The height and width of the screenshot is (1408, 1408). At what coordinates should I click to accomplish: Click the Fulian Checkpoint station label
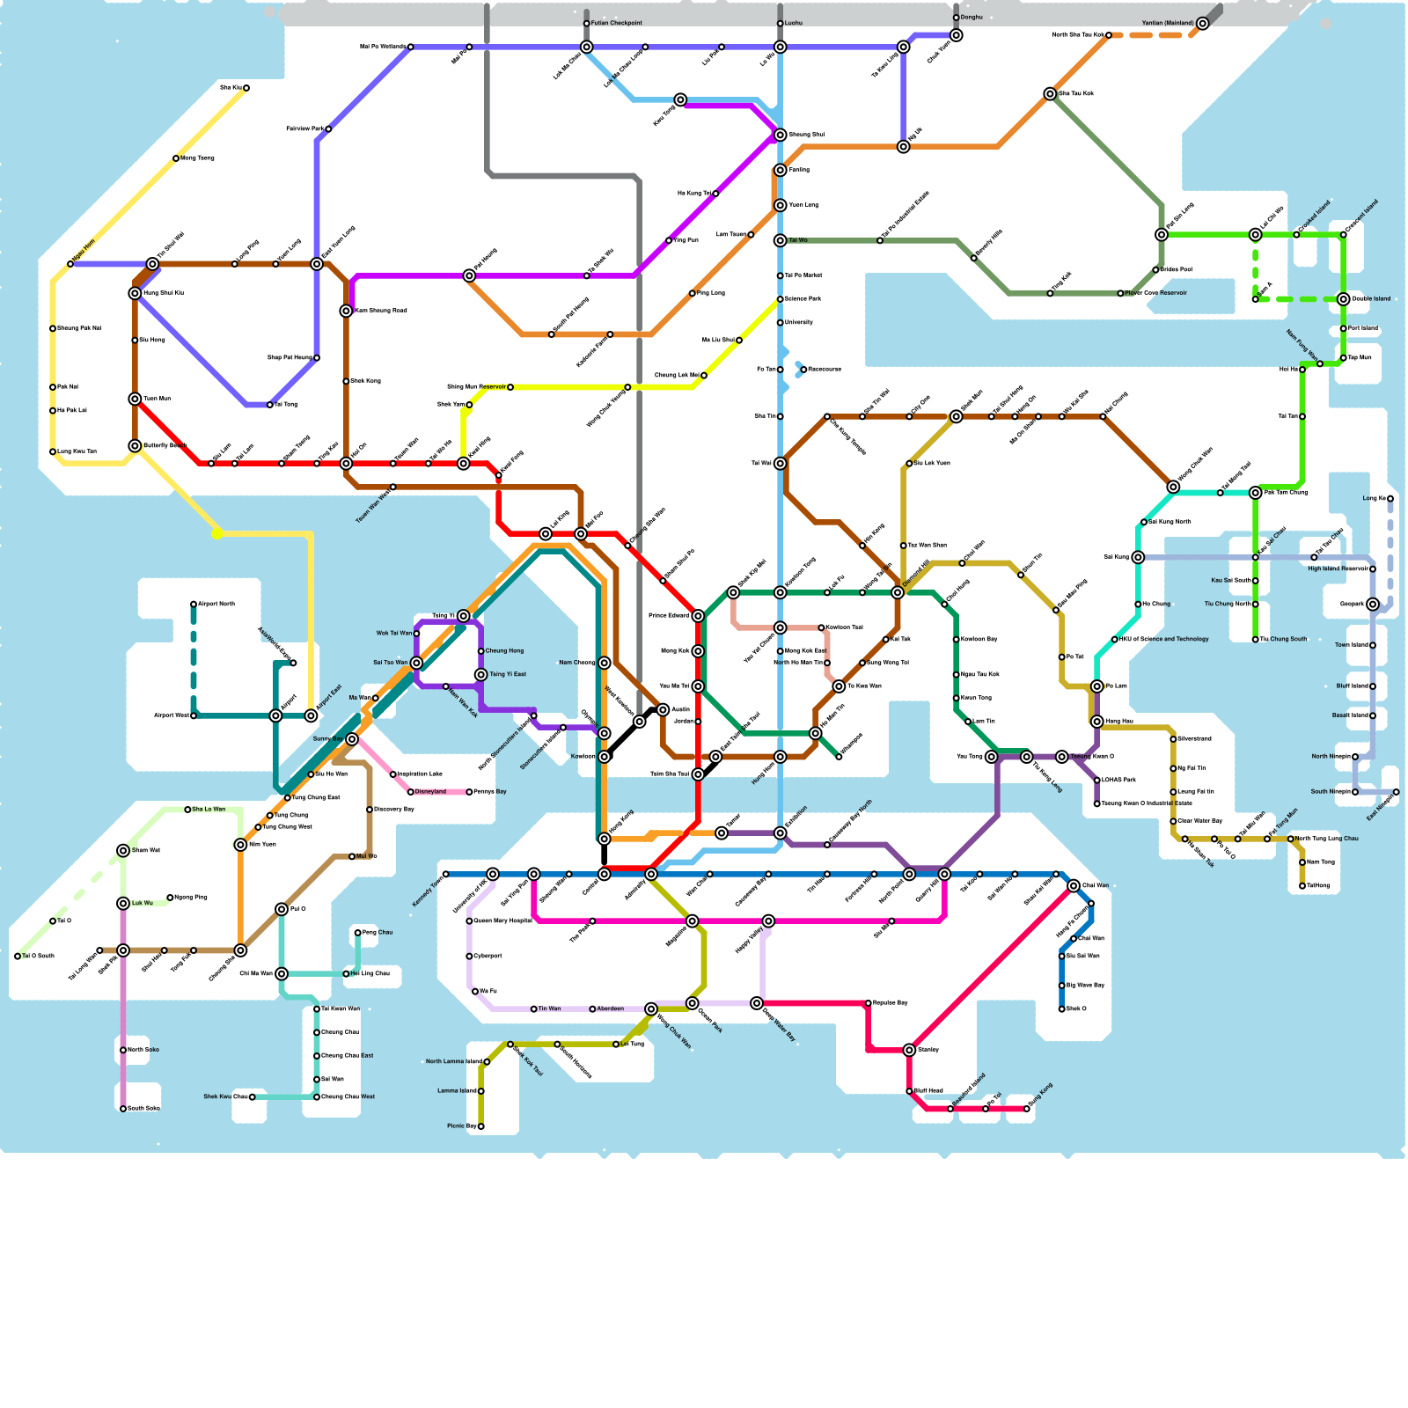[x=617, y=23]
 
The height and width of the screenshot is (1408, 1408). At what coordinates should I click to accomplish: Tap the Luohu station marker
[x=780, y=23]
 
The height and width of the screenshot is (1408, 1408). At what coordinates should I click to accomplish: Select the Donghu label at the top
[x=972, y=17]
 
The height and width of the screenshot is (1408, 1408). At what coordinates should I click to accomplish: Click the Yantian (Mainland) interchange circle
[x=1202, y=24]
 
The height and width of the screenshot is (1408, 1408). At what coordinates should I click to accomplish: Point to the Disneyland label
[x=430, y=792]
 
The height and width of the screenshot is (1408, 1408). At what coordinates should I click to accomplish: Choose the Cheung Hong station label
[x=504, y=651]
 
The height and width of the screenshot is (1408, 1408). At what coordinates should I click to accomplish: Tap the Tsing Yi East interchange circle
[x=480, y=675]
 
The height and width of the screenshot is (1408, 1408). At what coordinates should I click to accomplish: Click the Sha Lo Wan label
[x=209, y=810]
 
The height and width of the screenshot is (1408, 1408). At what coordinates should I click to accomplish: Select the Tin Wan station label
[x=549, y=1009]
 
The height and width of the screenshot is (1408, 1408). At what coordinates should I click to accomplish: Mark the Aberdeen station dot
[x=592, y=1009]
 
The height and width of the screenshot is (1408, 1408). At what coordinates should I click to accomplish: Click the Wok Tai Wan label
[x=393, y=634]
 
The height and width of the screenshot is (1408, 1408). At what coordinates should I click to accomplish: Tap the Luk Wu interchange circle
[x=123, y=904]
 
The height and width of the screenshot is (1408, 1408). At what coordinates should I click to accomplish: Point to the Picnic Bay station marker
[x=480, y=1126]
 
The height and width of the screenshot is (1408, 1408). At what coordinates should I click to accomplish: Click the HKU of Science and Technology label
[x=1164, y=640]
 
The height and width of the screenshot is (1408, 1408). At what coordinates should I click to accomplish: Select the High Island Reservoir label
[x=1338, y=569]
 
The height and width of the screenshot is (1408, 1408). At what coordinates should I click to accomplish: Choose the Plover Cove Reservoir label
[x=1155, y=293]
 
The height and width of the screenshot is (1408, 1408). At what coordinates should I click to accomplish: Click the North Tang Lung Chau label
[x=1327, y=839]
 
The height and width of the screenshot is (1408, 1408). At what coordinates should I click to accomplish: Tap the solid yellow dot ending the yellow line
[x=216, y=533]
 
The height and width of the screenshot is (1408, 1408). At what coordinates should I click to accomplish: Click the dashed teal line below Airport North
[x=194, y=660]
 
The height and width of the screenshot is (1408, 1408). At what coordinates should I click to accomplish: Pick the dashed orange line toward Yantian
[x=1153, y=35]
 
